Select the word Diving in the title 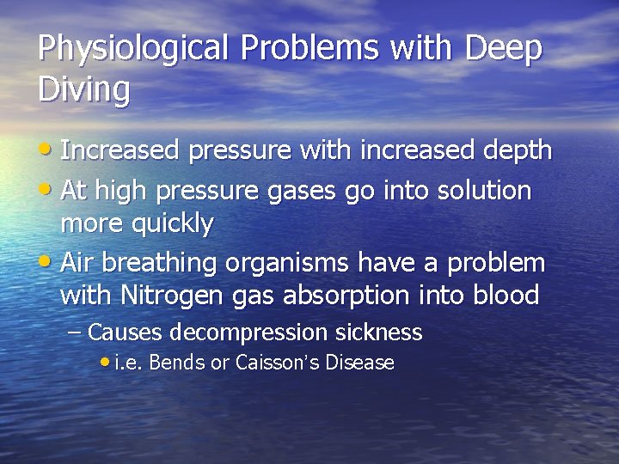(84, 89)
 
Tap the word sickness (379, 332)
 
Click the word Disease (359, 363)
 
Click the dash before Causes (75, 332)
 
